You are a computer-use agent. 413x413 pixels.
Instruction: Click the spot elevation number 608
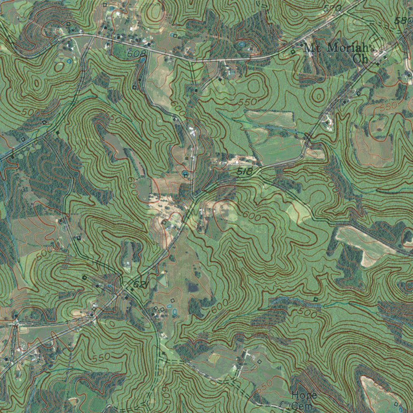134,53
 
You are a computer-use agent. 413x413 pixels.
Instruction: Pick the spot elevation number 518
244,172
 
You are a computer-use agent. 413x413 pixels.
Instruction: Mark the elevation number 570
332,8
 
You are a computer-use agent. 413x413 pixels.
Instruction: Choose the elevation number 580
404,21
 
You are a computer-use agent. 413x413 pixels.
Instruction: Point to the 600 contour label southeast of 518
252,216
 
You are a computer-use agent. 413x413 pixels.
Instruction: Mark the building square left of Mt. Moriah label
293,52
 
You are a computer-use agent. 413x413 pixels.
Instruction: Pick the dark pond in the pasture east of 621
193,287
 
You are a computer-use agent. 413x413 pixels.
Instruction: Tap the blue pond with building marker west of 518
185,175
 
